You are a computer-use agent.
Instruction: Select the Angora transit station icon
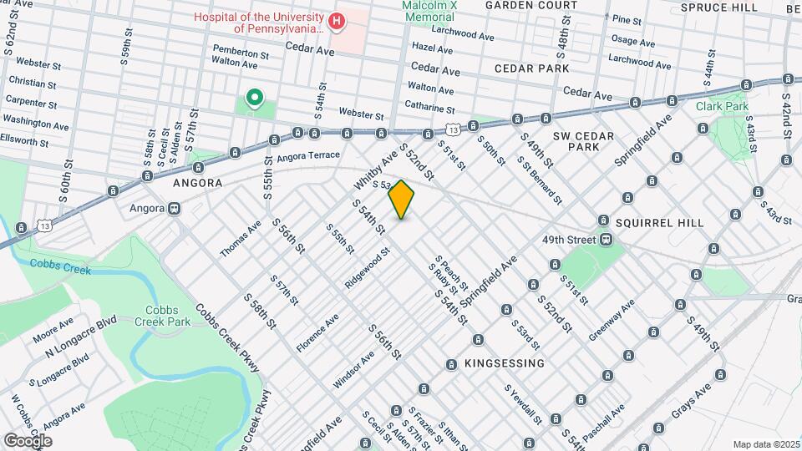coord(175,208)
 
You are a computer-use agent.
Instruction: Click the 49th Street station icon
coord(606,239)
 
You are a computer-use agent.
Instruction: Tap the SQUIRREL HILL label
coord(659,223)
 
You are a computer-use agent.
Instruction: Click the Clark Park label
coord(721,106)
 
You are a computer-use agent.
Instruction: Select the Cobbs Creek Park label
coord(161,315)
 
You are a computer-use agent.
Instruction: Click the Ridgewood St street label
coord(368,268)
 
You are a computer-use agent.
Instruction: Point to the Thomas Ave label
coord(241,239)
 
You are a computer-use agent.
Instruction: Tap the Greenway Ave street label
coord(611,321)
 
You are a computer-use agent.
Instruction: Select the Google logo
coord(27,440)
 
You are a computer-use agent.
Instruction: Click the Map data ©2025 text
coord(765,443)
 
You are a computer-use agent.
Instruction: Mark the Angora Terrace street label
coord(308,155)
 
